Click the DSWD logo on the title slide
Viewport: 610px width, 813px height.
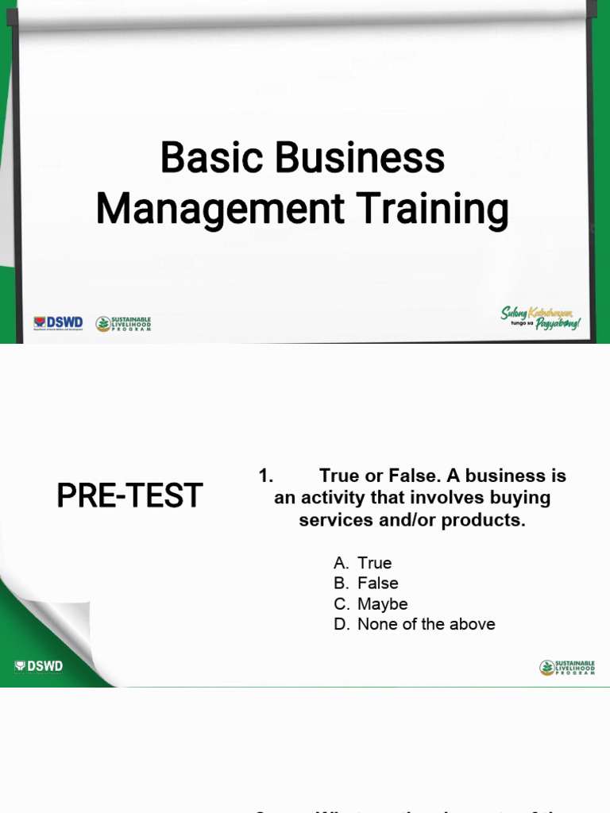point(58,323)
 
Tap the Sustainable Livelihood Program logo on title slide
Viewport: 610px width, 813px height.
point(123,323)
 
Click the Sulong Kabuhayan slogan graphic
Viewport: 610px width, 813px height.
point(541,318)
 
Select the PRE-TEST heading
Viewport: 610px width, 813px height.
point(129,496)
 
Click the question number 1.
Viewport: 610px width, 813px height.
point(265,476)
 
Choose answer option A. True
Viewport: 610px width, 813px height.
point(363,563)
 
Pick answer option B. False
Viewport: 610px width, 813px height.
point(366,584)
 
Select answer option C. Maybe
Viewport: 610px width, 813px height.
point(371,604)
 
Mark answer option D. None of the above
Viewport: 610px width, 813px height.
point(415,625)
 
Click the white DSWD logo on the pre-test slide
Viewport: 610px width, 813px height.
point(39,666)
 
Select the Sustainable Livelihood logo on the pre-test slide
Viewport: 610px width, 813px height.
point(567,668)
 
